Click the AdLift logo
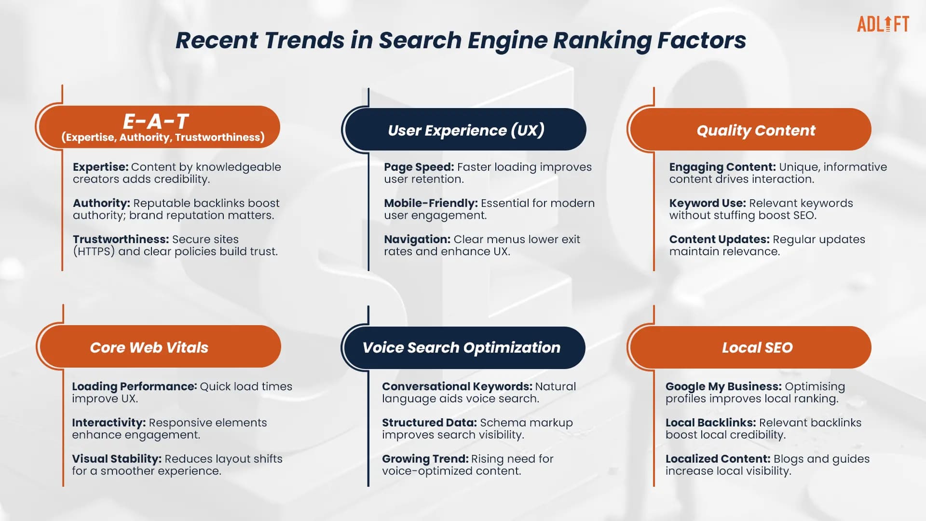(883, 24)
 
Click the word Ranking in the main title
(602, 41)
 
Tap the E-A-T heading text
(156, 121)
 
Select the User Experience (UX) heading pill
(466, 130)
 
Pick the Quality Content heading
(756, 130)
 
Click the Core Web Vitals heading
(149, 347)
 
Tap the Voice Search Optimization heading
(462, 347)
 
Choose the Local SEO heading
(757, 347)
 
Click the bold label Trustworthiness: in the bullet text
(121, 239)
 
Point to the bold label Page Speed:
(419, 167)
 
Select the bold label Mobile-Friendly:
(431, 203)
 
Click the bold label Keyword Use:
(707, 203)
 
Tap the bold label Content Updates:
(719, 239)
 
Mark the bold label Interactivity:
(109, 423)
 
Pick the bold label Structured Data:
(429, 423)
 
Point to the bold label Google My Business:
(723, 386)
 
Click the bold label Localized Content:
(718, 459)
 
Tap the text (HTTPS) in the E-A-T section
(94, 251)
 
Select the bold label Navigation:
(417, 239)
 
